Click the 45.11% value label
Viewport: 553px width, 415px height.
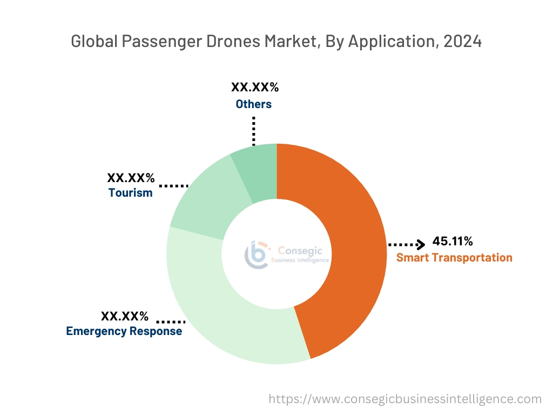click(453, 241)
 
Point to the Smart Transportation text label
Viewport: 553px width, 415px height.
click(454, 257)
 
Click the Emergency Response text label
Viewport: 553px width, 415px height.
click(124, 331)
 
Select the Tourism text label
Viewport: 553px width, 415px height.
click(130, 192)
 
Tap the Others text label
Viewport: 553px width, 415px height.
click(253, 104)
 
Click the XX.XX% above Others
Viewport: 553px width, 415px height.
click(255, 88)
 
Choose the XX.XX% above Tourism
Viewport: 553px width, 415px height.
click(131, 177)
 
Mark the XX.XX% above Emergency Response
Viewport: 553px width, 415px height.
click(125, 316)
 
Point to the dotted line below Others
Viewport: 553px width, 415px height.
click(253, 130)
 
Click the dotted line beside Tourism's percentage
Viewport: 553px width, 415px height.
click(173, 185)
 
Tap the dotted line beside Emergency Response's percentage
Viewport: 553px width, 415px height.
click(170, 321)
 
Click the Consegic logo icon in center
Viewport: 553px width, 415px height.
click(256, 255)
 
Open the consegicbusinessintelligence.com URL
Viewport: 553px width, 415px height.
click(405, 399)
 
